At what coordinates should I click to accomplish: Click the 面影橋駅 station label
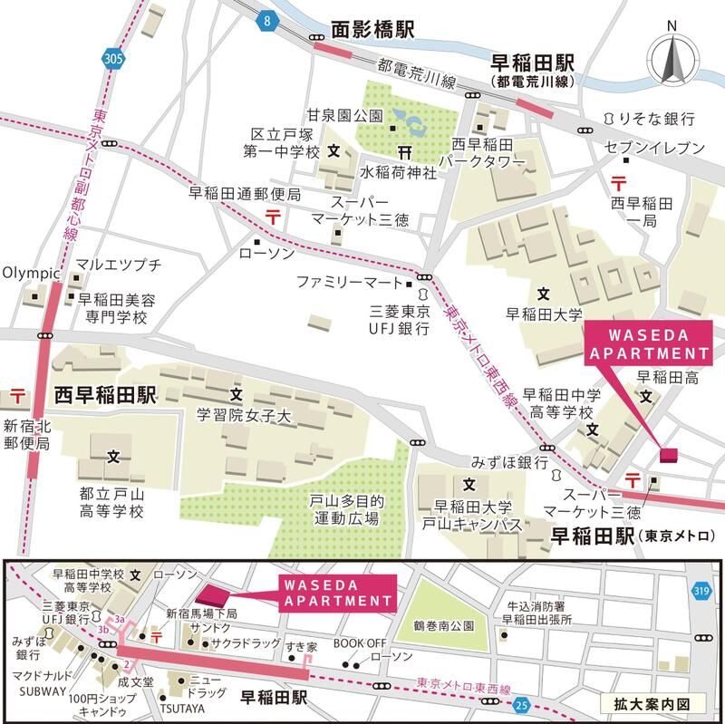(x=372, y=30)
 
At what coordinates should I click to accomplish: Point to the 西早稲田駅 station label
(x=106, y=396)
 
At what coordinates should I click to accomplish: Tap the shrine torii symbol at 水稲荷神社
(x=402, y=150)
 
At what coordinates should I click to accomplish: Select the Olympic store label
(x=31, y=272)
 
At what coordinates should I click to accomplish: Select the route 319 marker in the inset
(x=702, y=590)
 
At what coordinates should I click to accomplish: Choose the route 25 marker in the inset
(x=520, y=704)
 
